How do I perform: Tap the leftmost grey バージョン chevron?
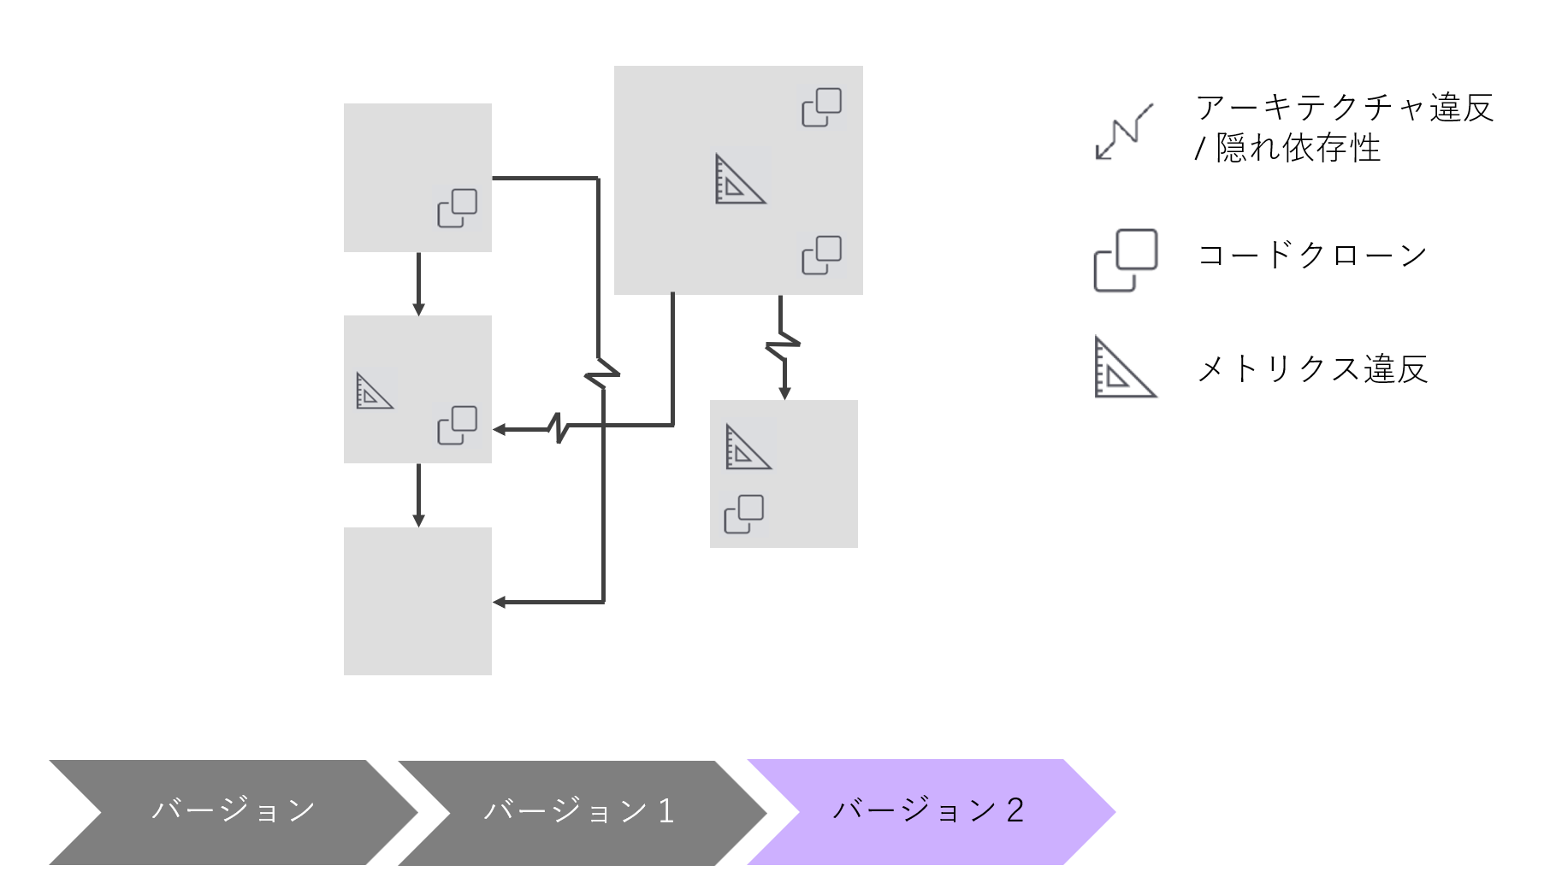pyautogui.click(x=233, y=811)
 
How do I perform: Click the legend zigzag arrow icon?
pyautogui.click(x=1124, y=132)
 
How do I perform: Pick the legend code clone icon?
pyautogui.click(x=1126, y=260)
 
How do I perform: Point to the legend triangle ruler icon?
pyautogui.click(x=1124, y=368)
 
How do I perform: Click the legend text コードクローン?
pyautogui.click(x=1312, y=256)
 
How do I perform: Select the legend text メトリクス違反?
pyautogui.click(x=1312, y=369)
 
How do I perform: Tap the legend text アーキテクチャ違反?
pyautogui.click(x=1345, y=109)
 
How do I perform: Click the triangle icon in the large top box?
pyautogui.click(x=740, y=179)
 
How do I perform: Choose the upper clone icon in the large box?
pyautogui.click(x=821, y=107)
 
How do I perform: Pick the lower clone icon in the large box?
pyautogui.click(x=821, y=255)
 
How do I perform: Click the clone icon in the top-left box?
pyautogui.click(x=458, y=208)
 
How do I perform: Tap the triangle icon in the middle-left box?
pyautogui.click(x=374, y=391)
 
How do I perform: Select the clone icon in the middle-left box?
pyautogui.click(x=458, y=425)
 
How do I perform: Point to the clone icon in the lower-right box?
pyautogui.click(x=744, y=514)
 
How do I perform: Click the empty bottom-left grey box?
pyautogui.click(x=417, y=601)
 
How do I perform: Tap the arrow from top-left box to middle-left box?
pyautogui.click(x=418, y=284)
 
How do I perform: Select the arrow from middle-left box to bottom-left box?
pyautogui.click(x=418, y=496)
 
